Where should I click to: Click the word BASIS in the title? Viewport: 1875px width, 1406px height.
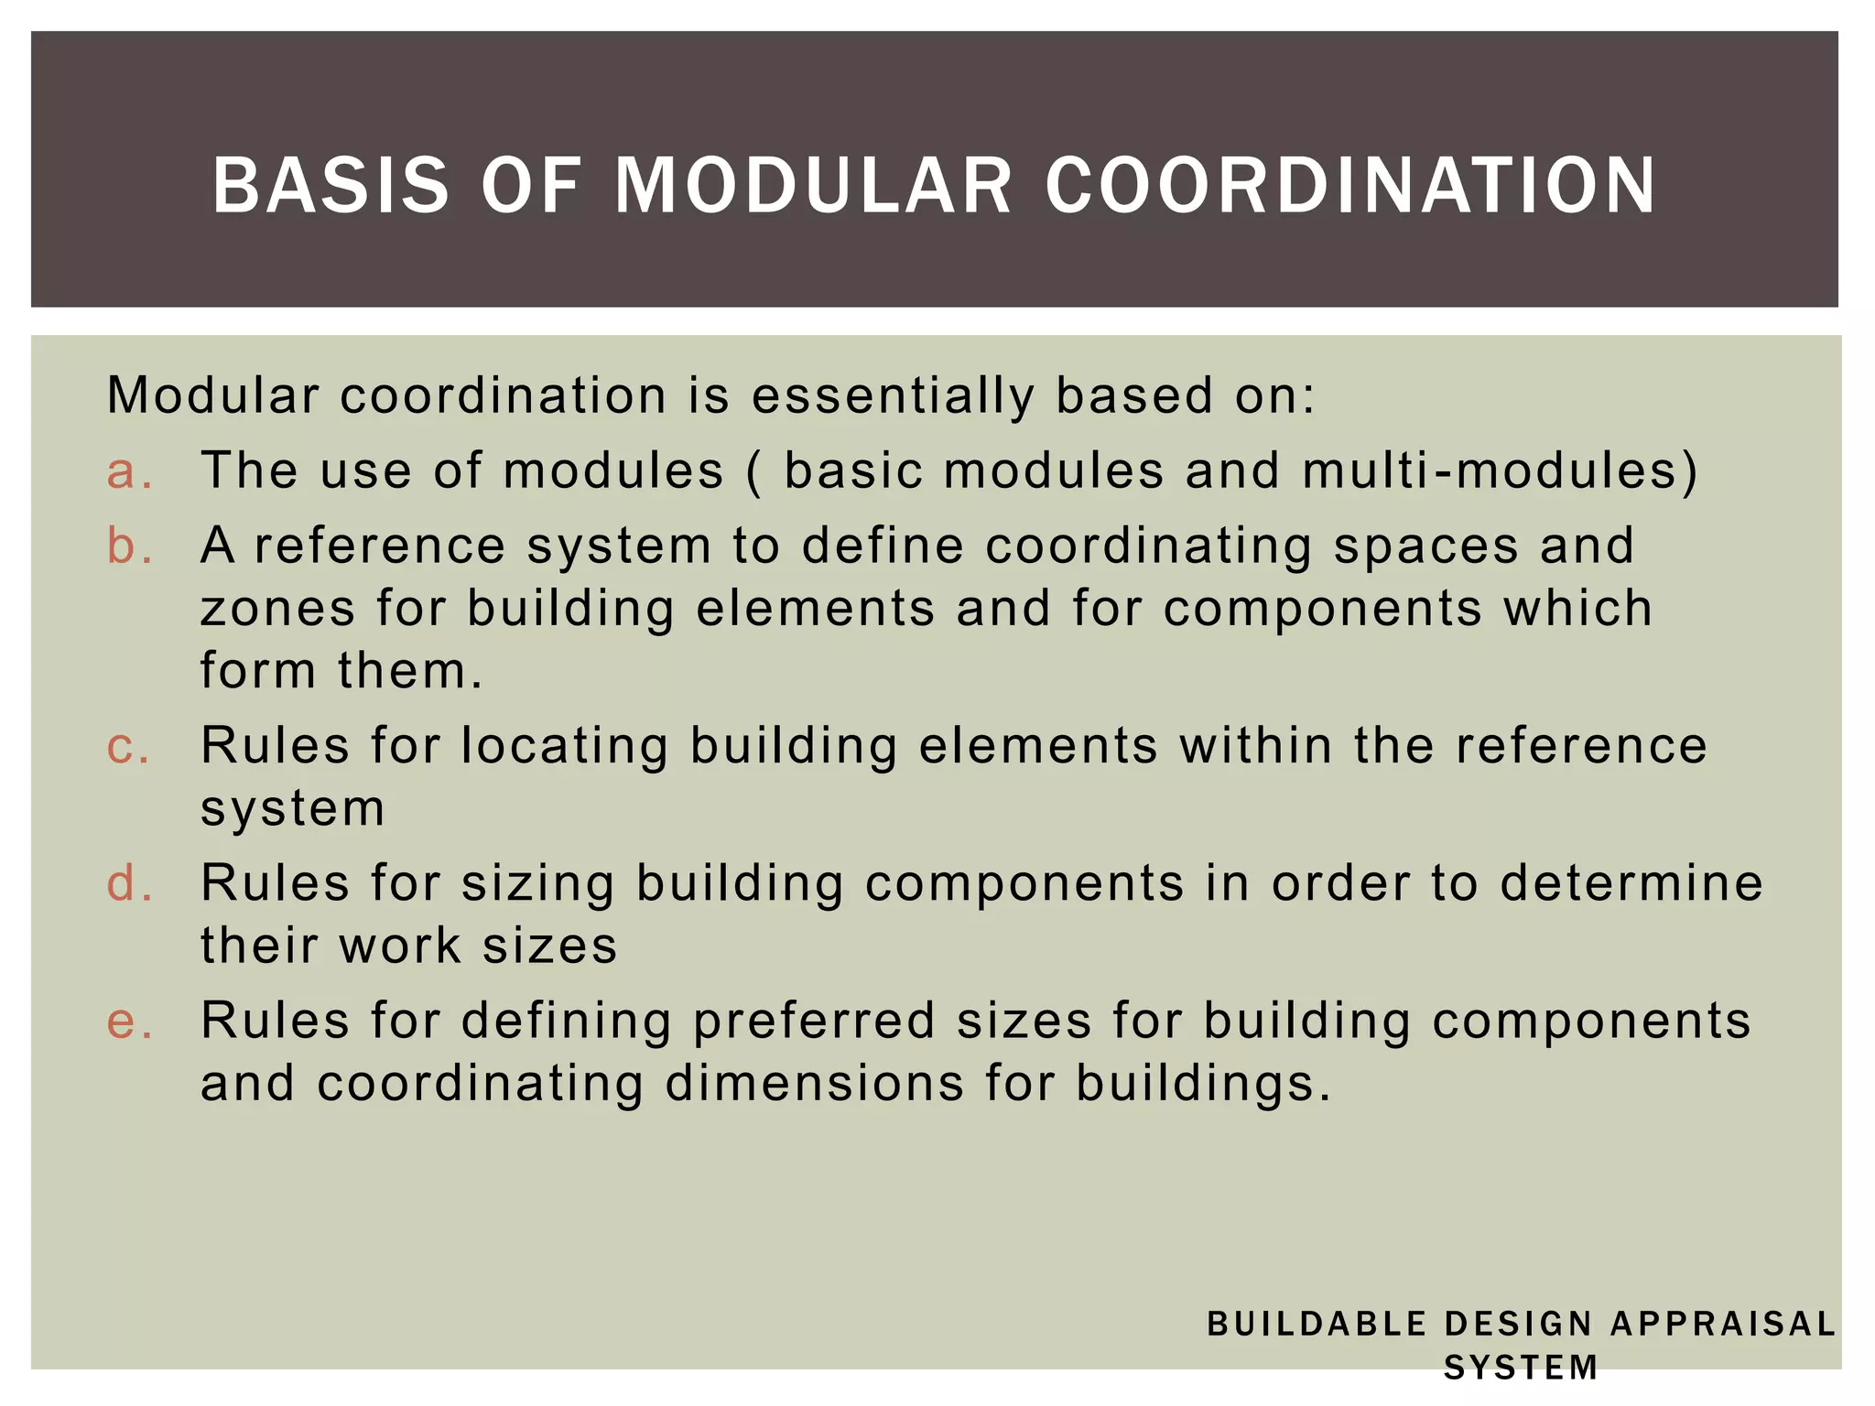point(331,186)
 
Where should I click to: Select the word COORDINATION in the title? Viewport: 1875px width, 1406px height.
point(1350,186)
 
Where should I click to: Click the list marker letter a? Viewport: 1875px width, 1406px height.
point(127,471)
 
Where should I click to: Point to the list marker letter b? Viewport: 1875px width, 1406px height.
point(127,546)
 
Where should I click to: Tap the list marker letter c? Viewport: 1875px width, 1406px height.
point(127,746)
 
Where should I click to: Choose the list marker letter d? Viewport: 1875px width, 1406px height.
point(127,883)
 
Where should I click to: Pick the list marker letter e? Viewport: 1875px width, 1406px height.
point(127,1021)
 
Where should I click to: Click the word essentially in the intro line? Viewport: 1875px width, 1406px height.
point(893,396)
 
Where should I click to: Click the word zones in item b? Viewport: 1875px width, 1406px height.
point(277,609)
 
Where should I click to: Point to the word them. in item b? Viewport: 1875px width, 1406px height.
point(409,671)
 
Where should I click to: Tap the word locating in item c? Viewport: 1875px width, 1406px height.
point(564,746)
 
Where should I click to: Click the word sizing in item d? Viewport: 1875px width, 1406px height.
point(537,885)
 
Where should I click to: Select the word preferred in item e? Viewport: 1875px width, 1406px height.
point(814,1022)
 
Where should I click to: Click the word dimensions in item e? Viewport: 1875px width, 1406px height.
point(814,1085)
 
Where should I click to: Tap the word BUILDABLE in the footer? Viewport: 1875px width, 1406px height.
point(1317,1324)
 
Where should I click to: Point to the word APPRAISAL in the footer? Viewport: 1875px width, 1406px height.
point(1722,1324)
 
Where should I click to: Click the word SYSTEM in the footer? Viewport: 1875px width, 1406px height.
point(1521,1368)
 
